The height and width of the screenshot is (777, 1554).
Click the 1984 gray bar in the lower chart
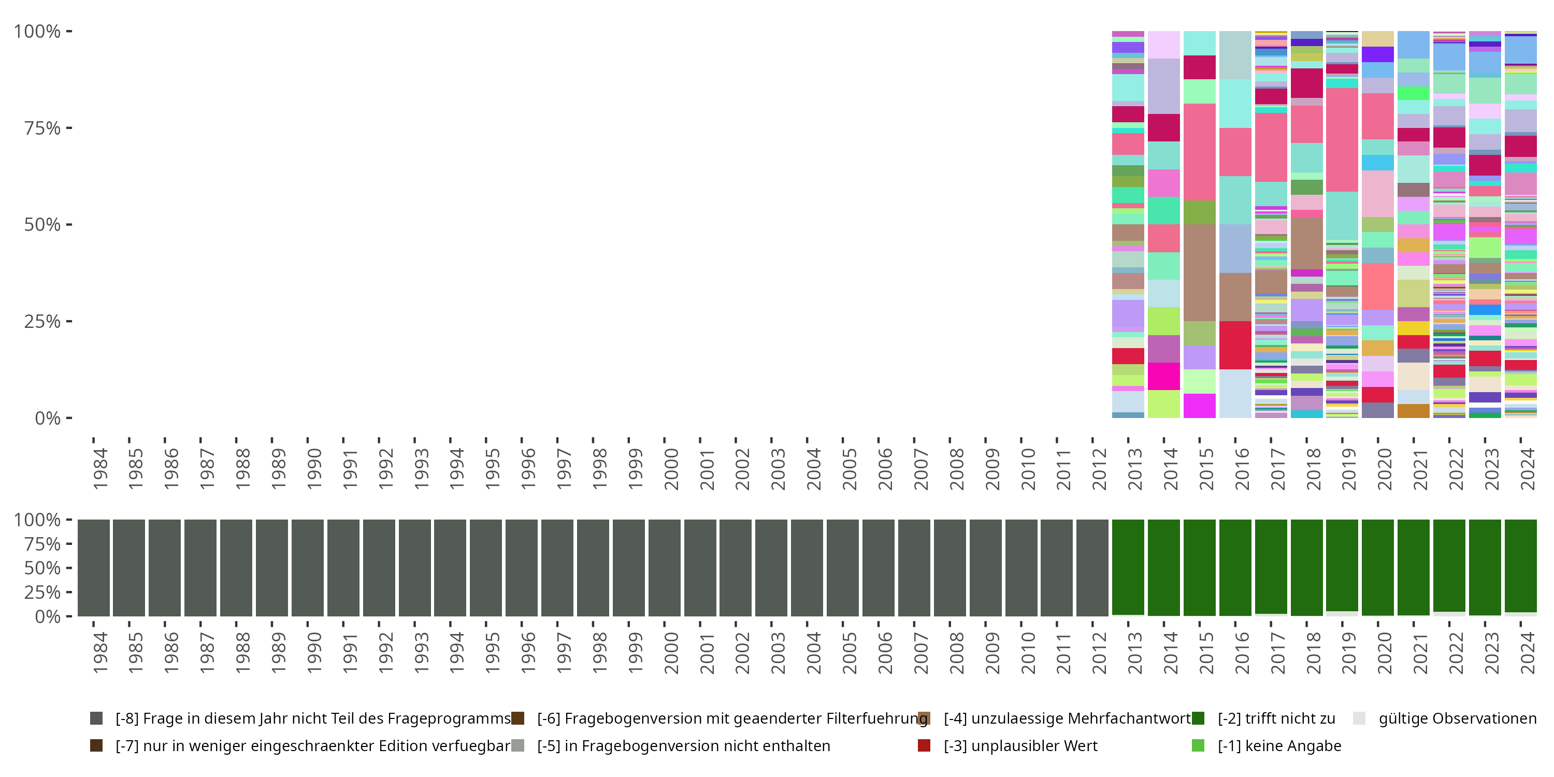coord(94,567)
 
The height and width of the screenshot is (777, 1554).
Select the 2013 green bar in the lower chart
coord(1128,567)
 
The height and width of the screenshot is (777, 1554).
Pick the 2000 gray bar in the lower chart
coord(664,567)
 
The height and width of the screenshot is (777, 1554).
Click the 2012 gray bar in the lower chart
coord(1092,567)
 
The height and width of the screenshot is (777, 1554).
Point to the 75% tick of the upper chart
coord(69,128)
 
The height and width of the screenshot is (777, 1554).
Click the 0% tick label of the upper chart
coord(48,418)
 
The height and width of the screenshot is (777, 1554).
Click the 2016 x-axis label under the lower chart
coord(1242,653)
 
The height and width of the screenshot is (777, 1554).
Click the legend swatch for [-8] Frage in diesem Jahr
coord(96,718)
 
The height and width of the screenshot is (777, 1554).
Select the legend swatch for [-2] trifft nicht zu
coord(1198,718)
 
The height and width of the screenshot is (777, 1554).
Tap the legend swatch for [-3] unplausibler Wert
coord(924,745)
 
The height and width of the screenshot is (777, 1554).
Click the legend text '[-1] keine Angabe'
coord(1279,745)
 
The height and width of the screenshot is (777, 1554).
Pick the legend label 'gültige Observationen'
coord(1457,718)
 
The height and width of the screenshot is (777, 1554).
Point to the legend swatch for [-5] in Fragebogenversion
coord(517,745)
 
